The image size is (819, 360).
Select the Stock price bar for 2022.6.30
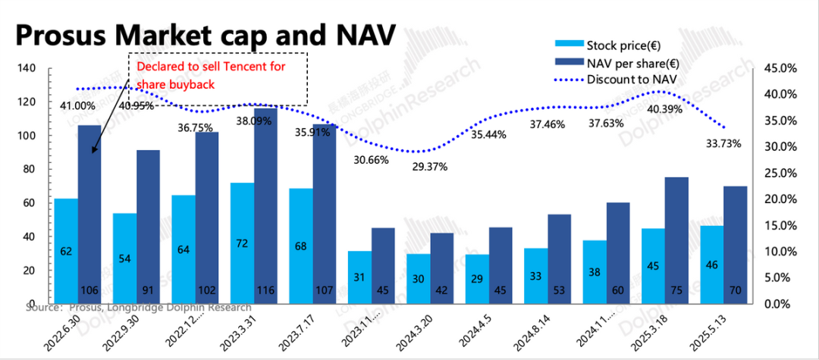pos(66,250)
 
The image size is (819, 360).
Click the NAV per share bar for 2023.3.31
pos(265,205)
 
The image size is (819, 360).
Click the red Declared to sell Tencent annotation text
pos(211,75)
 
